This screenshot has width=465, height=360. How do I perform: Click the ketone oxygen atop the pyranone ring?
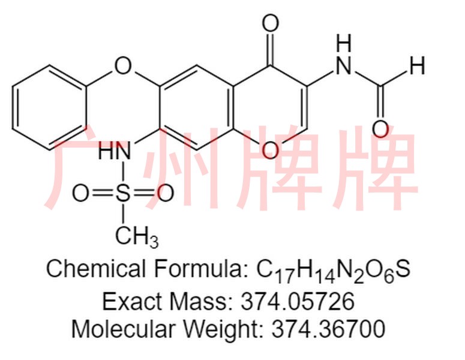(271, 24)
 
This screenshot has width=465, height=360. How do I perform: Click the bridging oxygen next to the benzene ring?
(122, 63)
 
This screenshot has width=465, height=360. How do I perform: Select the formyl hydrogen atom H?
(418, 65)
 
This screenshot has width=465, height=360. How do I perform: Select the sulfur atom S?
(123, 193)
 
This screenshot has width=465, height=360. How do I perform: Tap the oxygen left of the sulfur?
(82, 193)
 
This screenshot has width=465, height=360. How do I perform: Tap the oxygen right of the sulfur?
(164, 193)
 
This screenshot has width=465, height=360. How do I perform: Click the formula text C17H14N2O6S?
(334, 269)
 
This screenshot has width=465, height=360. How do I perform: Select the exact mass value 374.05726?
(296, 300)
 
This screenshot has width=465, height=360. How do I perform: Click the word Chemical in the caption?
(96, 268)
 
